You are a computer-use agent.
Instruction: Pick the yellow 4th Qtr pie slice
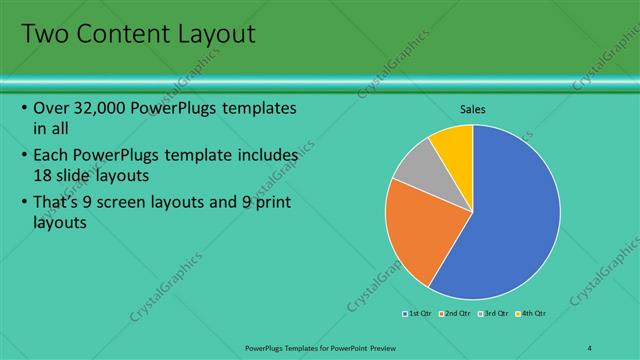point(453,144)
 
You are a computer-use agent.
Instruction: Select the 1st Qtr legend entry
point(418,313)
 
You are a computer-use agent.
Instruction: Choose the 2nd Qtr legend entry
point(456,313)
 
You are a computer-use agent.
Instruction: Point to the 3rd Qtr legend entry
point(495,313)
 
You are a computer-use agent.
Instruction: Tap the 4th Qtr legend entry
point(532,313)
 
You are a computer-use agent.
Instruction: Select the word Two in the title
point(43,34)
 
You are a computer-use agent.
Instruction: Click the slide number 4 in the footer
point(590,347)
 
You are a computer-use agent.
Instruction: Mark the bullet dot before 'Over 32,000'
point(23,108)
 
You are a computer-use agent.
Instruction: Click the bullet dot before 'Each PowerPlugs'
point(23,157)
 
